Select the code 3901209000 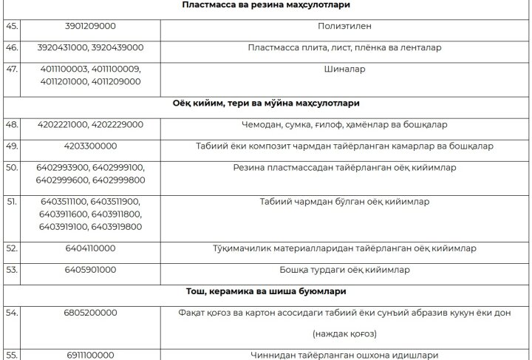(x=90, y=27)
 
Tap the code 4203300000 (x=90, y=146)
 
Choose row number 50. (x=11, y=168)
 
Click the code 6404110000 (x=90, y=248)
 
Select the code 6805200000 (x=90, y=313)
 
